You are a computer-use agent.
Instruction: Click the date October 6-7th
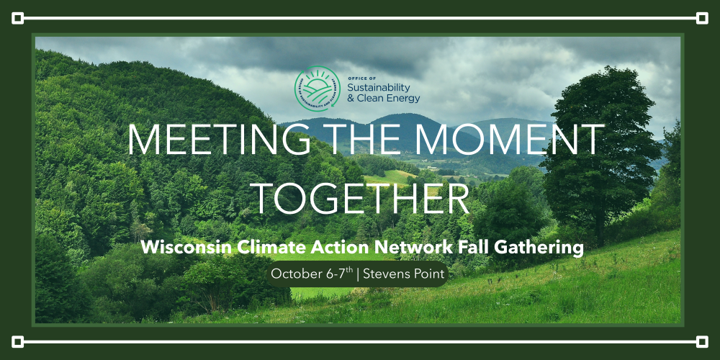point(312,274)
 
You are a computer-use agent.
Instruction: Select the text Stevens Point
point(404,274)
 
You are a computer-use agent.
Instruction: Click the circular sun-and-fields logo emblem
point(318,89)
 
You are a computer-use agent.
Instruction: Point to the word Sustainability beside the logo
point(379,87)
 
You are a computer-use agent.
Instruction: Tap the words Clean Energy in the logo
point(389,98)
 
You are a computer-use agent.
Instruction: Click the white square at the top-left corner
point(17,19)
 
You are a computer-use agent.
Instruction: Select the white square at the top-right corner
point(702,19)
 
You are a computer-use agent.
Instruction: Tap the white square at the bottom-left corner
point(17,341)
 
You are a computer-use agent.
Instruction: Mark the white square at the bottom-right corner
point(702,341)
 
